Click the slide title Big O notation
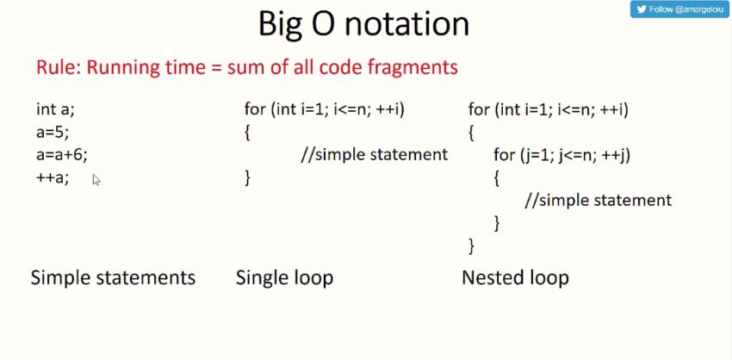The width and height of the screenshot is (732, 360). tap(363, 23)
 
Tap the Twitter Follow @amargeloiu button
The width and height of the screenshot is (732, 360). tap(679, 9)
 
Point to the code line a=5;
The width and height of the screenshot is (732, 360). tap(53, 132)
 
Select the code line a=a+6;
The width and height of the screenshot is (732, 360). tap(62, 154)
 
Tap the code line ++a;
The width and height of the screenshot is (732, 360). tap(53, 177)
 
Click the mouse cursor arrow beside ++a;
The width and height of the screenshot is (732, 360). tap(96, 180)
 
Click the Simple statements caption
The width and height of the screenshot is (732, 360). tap(113, 277)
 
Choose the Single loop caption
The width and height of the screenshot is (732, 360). tap(284, 278)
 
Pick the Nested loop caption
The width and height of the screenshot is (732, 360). tap(515, 278)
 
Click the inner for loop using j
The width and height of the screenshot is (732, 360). tap(562, 155)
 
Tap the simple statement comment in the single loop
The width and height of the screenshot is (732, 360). tap(375, 154)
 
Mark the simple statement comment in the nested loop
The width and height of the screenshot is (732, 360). tap(599, 201)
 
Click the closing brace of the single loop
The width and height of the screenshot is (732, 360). tap(247, 177)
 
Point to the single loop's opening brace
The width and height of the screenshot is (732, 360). tap(247, 133)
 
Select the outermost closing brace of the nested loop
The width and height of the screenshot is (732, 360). tap(472, 245)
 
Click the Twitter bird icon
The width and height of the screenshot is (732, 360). tap(642, 9)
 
